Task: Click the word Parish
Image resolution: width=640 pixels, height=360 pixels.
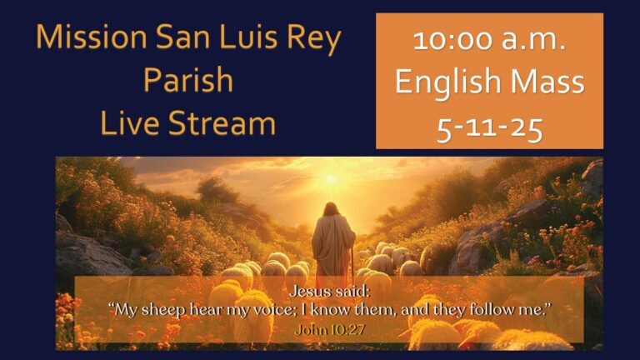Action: click(x=187, y=80)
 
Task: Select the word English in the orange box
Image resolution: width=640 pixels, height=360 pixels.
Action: click(x=447, y=82)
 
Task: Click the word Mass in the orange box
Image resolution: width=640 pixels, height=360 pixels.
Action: click(x=546, y=82)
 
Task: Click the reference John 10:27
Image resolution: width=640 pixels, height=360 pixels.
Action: click(x=330, y=328)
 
